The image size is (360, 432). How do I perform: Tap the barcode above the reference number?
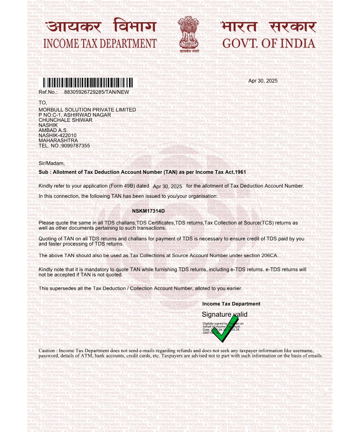point(88,82)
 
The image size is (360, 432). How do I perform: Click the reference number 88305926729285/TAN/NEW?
point(96,92)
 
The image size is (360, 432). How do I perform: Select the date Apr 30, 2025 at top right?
point(263,81)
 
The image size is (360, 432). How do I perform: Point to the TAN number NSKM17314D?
point(148,211)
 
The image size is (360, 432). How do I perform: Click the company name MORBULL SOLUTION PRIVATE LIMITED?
point(87,110)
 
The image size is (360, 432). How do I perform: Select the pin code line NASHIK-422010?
point(58,135)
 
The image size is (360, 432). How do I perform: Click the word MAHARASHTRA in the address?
point(58,140)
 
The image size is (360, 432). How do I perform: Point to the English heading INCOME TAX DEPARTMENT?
point(100,44)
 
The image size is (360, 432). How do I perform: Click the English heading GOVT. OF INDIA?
point(269,44)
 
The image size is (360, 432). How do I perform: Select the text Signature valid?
point(224,315)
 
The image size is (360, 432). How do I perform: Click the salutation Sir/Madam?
point(51,163)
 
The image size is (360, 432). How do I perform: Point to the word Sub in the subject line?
point(43,172)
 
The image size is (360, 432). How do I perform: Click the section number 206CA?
point(269,255)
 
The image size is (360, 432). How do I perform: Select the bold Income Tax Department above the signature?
point(231,304)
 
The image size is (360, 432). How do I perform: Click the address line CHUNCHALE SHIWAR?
point(66,120)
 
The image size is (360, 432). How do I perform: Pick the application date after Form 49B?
point(167,186)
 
